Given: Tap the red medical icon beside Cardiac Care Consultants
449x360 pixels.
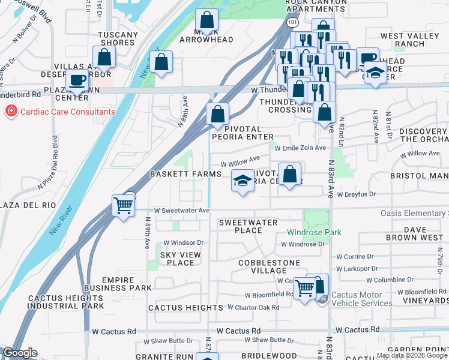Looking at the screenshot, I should pos(11,112).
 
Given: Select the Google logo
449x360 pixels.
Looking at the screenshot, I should pos(20,353).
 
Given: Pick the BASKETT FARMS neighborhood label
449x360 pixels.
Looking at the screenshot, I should pos(186,173).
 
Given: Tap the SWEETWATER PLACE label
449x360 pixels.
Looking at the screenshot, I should pos(248,226).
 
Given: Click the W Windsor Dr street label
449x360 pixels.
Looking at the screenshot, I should pos(184,242).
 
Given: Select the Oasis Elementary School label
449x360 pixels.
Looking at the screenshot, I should pos(414,214).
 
